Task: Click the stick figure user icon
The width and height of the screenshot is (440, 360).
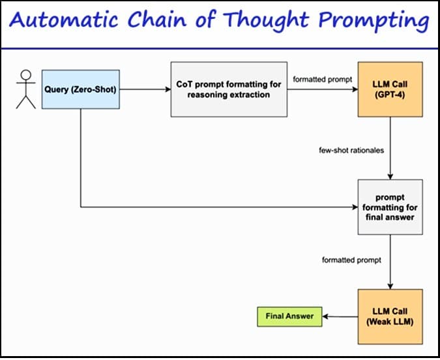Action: (x=26, y=89)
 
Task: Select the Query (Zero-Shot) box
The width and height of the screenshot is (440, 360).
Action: (x=81, y=89)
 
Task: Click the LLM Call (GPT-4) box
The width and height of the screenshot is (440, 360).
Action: (x=390, y=89)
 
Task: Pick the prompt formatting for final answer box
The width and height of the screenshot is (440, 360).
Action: (x=390, y=207)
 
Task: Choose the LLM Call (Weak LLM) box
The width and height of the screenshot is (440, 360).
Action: (x=390, y=316)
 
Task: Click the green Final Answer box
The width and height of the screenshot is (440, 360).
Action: (x=289, y=317)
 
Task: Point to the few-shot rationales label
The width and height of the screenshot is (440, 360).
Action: (x=351, y=151)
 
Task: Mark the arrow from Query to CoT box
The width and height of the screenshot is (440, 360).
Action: (x=145, y=89)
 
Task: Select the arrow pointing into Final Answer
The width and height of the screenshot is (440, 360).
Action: (x=339, y=317)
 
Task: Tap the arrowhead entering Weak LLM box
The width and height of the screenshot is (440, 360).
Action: (x=390, y=285)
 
